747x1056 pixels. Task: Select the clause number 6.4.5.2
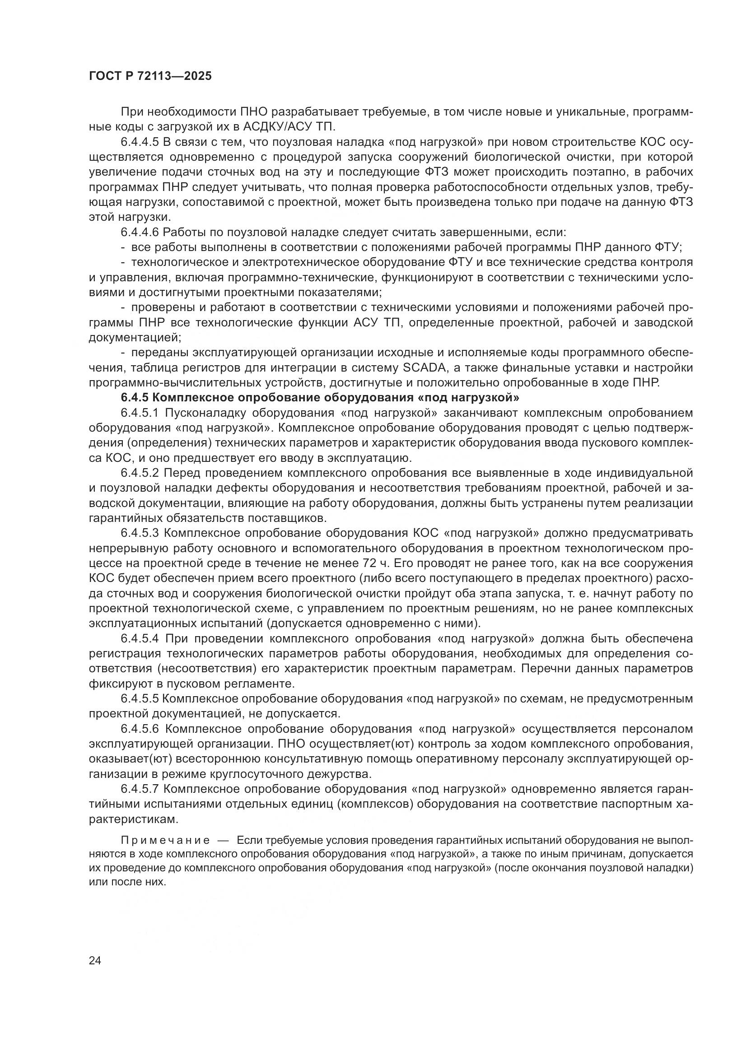tap(140, 473)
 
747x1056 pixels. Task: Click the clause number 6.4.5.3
tap(140, 533)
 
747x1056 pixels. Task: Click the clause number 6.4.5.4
tap(140, 639)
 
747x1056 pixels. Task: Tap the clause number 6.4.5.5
tap(140, 698)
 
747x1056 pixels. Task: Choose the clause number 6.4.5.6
tap(140, 729)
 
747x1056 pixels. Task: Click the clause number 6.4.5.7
tap(140, 789)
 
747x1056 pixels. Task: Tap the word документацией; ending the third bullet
tap(135, 338)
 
